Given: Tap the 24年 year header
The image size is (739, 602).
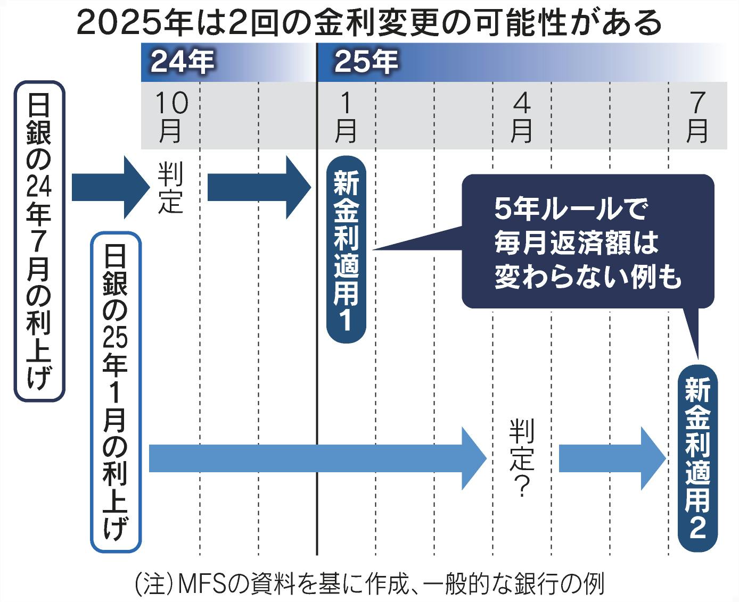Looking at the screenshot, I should click(x=182, y=63).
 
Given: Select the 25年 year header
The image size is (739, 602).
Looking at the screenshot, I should click(x=366, y=63).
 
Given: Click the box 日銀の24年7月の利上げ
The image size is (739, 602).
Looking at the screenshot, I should click(x=39, y=240).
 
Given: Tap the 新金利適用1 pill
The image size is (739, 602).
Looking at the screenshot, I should click(x=346, y=250).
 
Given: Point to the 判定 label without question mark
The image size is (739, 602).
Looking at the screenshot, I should click(x=171, y=188).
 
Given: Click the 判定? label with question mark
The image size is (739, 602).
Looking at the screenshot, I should click(x=521, y=457).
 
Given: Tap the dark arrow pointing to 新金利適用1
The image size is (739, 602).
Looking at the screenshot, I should click(x=258, y=188).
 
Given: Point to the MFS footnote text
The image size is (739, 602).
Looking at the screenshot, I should click(x=370, y=583).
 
